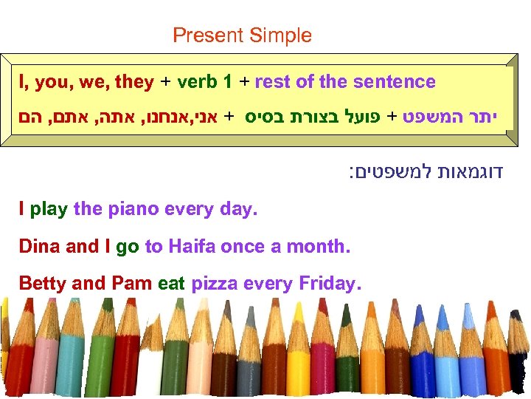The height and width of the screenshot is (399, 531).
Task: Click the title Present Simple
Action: tap(242, 35)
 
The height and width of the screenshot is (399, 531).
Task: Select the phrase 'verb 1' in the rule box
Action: tap(202, 82)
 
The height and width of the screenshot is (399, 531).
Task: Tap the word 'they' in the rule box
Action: tap(135, 82)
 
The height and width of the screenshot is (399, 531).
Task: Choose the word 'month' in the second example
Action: tap(319, 247)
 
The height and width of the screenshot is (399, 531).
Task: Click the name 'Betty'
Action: tap(42, 284)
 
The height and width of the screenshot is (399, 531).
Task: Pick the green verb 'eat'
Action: tap(171, 284)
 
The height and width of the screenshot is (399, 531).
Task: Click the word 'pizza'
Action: tap(214, 284)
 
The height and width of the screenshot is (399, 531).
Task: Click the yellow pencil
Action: tap(298, 362)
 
